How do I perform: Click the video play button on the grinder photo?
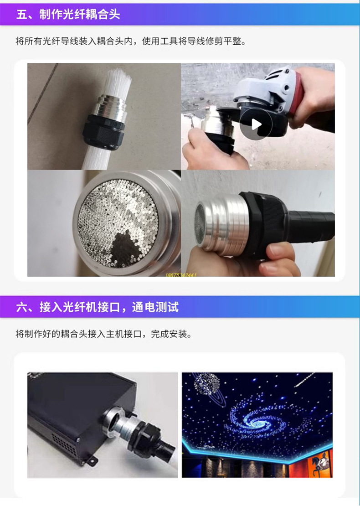(256, 124)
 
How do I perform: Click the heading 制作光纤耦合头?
(79, 14)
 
